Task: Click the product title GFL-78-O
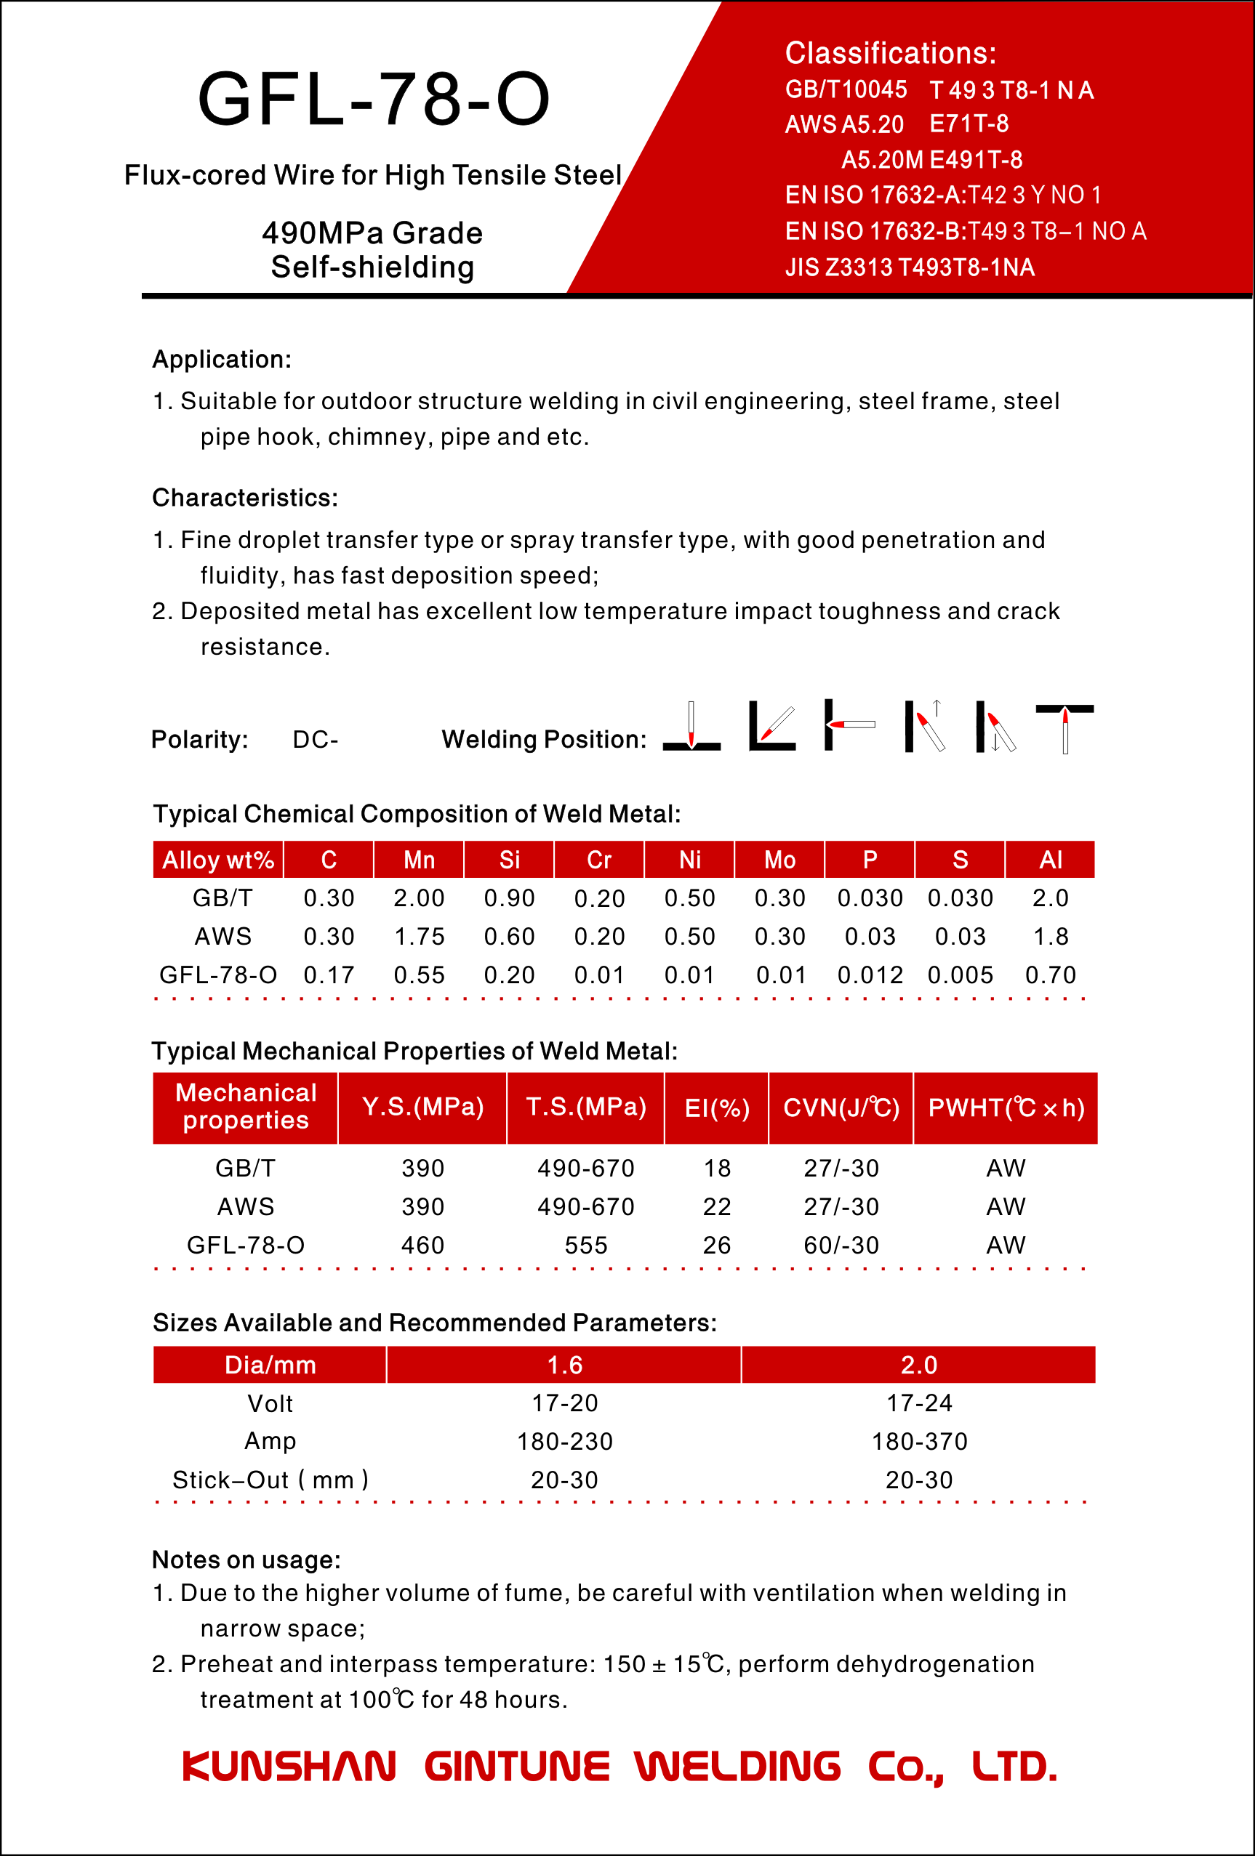[x=374, y=100]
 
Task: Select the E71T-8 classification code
[x=969, y=124]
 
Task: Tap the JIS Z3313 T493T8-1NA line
[x=909, y=267]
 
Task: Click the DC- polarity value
[x=315, y=740]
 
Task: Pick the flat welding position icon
[x=691, y=727]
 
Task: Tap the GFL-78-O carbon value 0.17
[x=329, y=975]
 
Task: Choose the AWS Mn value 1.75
[x=419, y=937]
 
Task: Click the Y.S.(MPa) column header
[x=422, y=1107]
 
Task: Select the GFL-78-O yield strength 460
[x=422, y=1245]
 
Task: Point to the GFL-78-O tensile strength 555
[x=585, y=1245]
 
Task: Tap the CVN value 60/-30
[x=841, y=1245]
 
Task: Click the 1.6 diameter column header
[x=564, y=1365]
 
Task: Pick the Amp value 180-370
[x=918, y=1442]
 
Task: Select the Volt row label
[x=270, y=1403]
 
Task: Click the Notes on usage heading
[x=246, y=1560]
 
